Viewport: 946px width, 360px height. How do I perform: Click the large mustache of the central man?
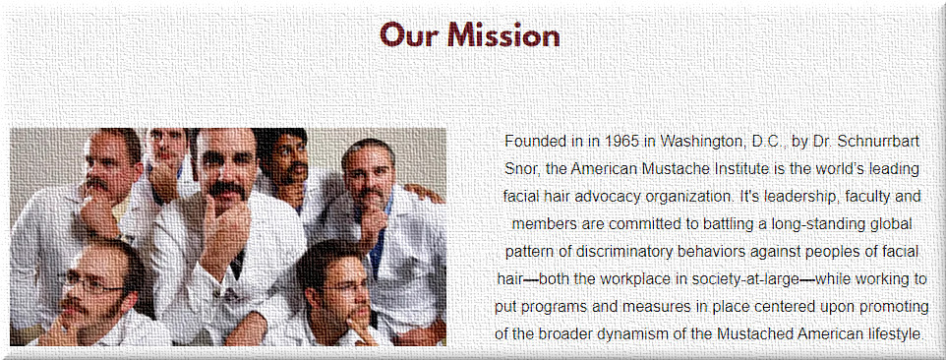tap(227, 191)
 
